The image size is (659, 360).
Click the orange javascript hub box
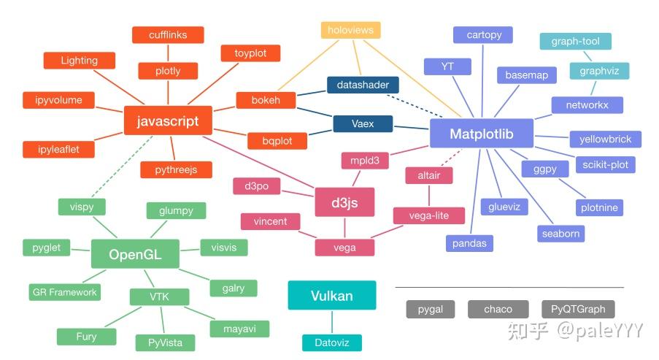point(168,120)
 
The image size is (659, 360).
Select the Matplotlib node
point(482,134)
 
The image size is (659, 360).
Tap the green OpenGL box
point(135,254)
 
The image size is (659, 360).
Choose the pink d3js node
point(344,202)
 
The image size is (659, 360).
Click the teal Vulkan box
point(332,295)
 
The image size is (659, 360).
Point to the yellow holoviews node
point(351,30)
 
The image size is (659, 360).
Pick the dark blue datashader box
point(363,85)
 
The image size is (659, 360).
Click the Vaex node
point(363,123)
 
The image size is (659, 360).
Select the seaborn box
point(560,234)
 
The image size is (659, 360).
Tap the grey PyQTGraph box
point(578,309)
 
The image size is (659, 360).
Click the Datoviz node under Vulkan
point(332,342)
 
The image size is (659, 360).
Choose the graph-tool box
point(576,41)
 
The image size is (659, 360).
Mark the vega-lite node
point(429,215)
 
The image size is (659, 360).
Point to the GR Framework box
point(65,292)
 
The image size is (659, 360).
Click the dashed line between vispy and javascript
point(122,166)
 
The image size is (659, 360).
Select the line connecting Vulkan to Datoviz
point(332,322)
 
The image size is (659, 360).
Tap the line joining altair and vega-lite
point(429,196)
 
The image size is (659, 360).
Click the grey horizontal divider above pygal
point(509,287)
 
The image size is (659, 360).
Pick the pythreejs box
point(176,170)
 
